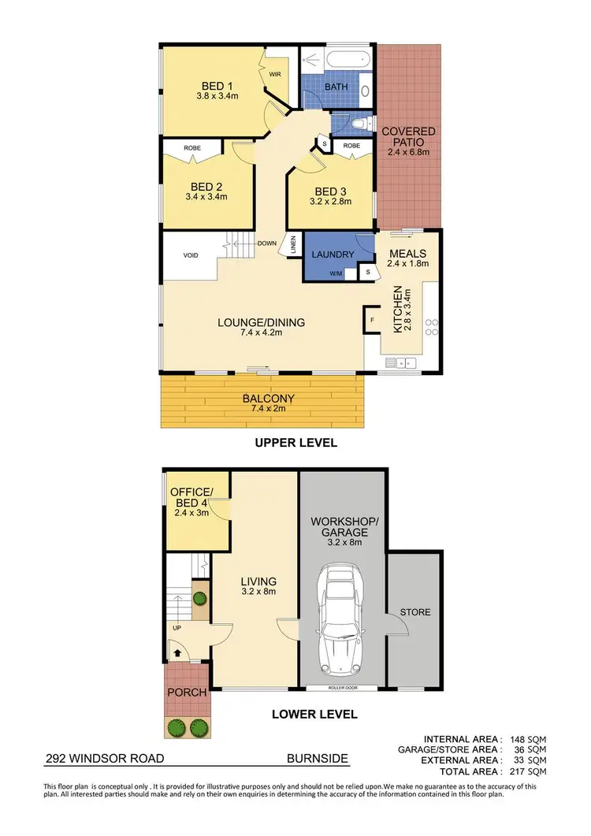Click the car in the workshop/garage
[343, 622]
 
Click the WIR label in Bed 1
[275, 74]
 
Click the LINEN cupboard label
[292, 246]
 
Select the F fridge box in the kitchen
[373, 321]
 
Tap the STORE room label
[415, 611]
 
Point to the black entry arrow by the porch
[176, 652]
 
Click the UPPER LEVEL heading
[295, 443]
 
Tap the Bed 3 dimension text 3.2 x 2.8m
[330, 202]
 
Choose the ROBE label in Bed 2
[192, 147]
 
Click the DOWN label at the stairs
[266, 243]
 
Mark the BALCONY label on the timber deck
[264, 399]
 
